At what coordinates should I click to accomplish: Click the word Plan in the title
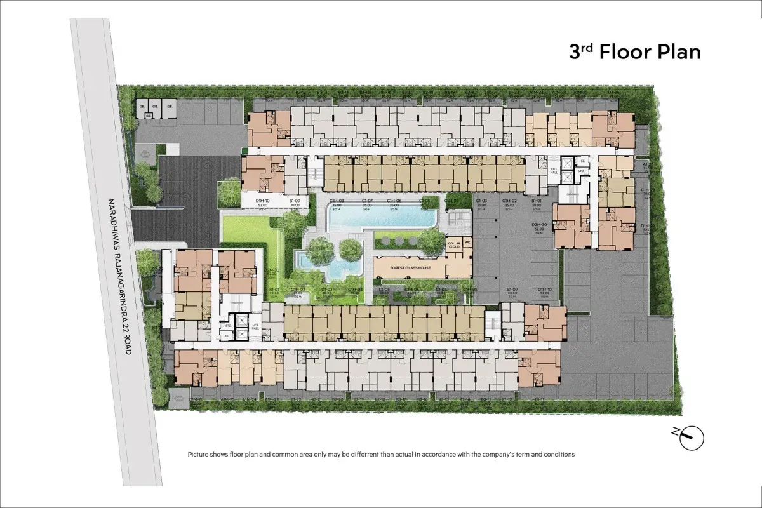click(678, 51)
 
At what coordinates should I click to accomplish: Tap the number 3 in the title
click(575, 52)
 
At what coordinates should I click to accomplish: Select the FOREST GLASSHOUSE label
click(401, 268)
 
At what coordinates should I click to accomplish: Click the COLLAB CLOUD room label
click(454, 244)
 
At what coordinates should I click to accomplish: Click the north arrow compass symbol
click(690, 438)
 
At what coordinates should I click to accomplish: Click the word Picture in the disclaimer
click(198, 455)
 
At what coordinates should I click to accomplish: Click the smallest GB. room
click(149, 116)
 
